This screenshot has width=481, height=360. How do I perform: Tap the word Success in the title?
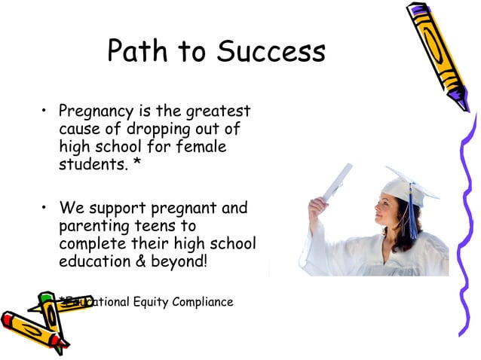[x=271, y=51]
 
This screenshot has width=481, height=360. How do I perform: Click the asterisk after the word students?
[x=136, y=163]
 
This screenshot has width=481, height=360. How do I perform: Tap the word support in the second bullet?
[x=121, y=207]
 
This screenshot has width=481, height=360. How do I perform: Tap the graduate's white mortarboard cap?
[x=407, y=186]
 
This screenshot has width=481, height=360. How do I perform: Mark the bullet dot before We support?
[x=45, y=208]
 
